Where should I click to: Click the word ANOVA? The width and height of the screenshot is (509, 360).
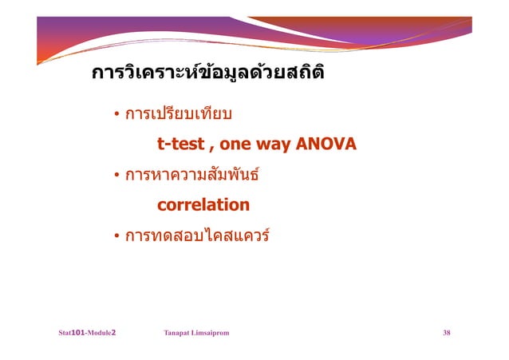326,145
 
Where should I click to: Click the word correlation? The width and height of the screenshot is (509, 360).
203,205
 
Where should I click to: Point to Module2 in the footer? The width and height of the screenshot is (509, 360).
104,331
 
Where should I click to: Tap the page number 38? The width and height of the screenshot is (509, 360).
447,331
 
